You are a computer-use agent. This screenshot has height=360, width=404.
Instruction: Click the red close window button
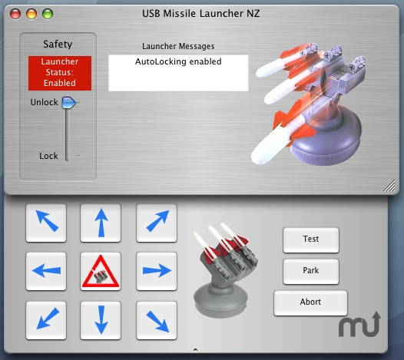pyautogui.click(x=15, y=14)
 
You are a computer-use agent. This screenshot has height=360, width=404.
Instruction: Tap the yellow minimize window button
pyautogui.click(x=31, y=14)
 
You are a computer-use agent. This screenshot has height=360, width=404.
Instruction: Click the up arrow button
pyautogui.click(x=101, y=223)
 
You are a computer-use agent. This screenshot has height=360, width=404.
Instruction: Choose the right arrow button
pyautogui.click(x=157, y=271)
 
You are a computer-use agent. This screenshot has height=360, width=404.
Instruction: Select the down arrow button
pyautogui.click(x=101, y=320)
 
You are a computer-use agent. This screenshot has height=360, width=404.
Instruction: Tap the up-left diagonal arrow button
pyautogui.click(x=46, y=223)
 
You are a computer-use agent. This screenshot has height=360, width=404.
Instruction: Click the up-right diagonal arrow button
pyautogui.click(x=157, y=223)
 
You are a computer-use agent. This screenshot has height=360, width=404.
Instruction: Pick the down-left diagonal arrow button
pyautogui.click(x=46, y=320)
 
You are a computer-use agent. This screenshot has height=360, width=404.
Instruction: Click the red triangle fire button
pyautogui.click(x=101, y=271)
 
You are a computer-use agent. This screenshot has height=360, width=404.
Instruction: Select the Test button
pyautogui.click(x=311, y=240)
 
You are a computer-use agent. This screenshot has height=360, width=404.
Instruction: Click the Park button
pyautogui.click(x=311, y=272)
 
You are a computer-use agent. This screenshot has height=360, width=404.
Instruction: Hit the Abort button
pyautogui.click(x=310, y=303)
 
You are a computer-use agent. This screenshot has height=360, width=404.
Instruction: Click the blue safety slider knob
pyautogui.click(x=68, y=103)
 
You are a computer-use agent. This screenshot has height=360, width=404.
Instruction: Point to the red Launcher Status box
pyautogui.click(x=60, y=73)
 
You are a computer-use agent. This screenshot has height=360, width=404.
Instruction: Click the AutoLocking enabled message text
pyautogui.click(x=178, y=61)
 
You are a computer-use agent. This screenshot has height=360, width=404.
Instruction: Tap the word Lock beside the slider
pyautogui.click(x=48, y=156)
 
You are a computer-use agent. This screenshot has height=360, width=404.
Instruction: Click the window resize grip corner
pyautogui.click(x=390, y=186)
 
